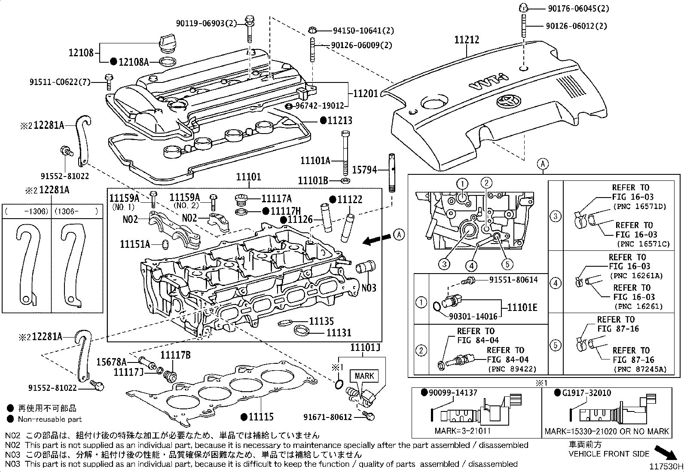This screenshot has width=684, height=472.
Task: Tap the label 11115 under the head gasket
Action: (x=261, y=416)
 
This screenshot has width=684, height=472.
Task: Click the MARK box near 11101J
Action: (x=364, y=376)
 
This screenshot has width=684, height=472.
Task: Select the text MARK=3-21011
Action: (x=462, y=431)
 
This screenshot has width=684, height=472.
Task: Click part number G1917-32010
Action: (x=586, y=393)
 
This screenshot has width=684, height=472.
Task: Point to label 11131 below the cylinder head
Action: (x=339, y=332)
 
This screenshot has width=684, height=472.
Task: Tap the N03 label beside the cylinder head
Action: (x=369, y=287)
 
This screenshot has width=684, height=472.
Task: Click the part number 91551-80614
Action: (x=513, y=280)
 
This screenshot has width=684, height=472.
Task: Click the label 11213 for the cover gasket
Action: (x=339, y=121)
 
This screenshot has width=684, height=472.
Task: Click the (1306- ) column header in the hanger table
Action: (x=76, y=211)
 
